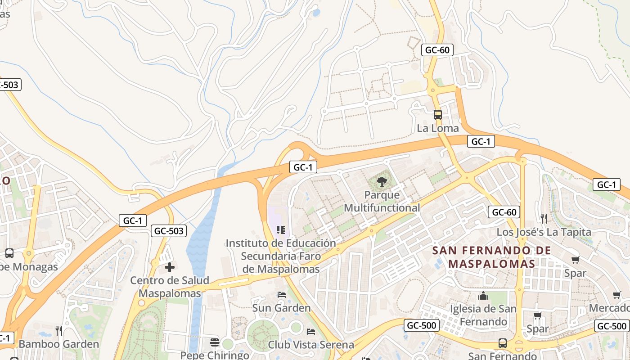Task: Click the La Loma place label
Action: pos(437,128)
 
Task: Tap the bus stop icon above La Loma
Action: pos(437,114)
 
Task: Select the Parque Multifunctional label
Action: pos(382,202)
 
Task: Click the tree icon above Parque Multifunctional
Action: pos(382,182)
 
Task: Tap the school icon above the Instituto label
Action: pos(281,230)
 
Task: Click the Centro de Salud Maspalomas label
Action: pos(170,287)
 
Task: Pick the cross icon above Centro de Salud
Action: pos(170,267)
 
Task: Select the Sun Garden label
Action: pos(281,308)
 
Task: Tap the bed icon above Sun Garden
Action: pos(282,295)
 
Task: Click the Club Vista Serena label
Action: pos(310,345)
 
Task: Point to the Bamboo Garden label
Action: pos(58,344)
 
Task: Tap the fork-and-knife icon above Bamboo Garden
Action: pos(58,331)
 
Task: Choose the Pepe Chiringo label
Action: pos(215,355)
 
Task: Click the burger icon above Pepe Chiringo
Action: pos(215,342)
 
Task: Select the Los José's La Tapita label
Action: pos(544,232)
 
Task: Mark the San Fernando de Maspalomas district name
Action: pos(492,257)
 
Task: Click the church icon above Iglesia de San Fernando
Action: pos(483,296)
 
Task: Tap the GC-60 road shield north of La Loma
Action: pos(437,50)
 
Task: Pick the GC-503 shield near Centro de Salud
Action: pos(168,231)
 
